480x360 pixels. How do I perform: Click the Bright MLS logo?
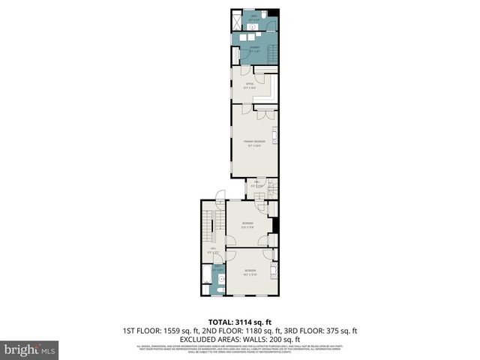(x=30, y=349)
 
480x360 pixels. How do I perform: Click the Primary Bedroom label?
(x=253, y=142)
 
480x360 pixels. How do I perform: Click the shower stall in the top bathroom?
(x=238, y=16)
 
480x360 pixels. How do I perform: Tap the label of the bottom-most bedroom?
(x=250, y=271)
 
